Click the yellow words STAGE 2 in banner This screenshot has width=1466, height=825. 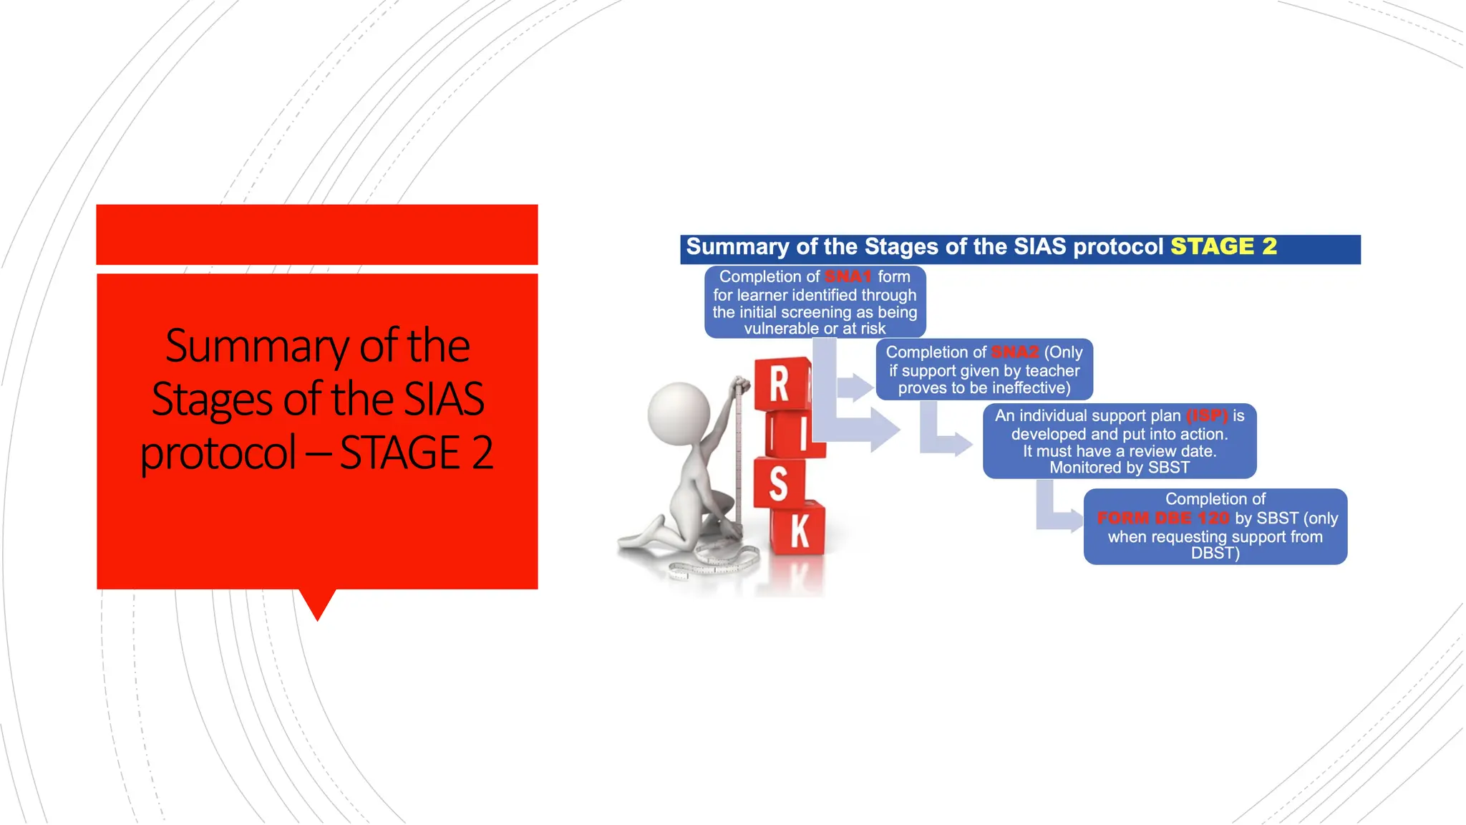click(x=1223, y=246)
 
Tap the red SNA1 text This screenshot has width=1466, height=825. click(x=848, y=277)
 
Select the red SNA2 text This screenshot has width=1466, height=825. click(x=1014, y=352)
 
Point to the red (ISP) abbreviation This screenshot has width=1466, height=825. click(x=1207, y=416)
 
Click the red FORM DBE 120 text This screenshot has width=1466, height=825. click(x=1162, y=518)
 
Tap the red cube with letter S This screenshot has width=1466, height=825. click(x=778, y=483)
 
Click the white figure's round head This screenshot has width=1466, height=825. click(x=678, y=413)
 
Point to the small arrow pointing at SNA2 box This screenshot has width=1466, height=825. click(x=855, y=387)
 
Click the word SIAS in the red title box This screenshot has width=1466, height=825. click(x=444, y=399)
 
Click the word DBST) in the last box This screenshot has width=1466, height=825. click(x=1215, y=554)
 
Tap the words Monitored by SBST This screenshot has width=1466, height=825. click(x=1119, y=468)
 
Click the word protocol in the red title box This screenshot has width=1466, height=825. click(x=218, y=453)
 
